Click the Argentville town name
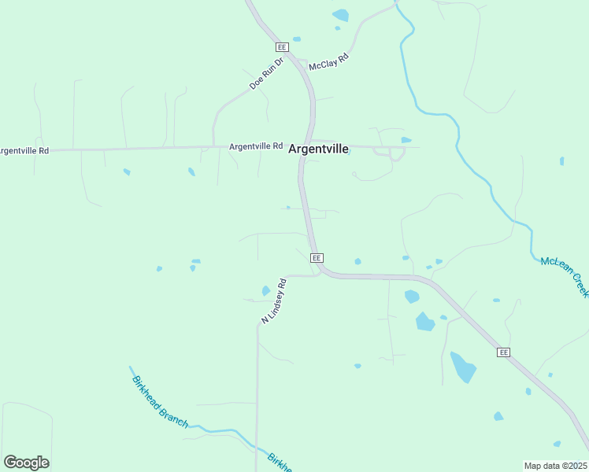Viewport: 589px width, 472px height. [318, 149]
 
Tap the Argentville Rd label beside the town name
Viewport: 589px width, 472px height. [256, 146]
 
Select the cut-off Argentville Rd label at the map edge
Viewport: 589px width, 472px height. [24, 150]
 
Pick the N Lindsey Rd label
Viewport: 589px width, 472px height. [273, 301]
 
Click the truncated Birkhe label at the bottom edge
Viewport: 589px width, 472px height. [280, 462]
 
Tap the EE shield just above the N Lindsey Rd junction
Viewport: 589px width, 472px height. [317, 258]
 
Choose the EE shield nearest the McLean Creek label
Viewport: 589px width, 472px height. [504, 352]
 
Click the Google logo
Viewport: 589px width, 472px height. [26, 463]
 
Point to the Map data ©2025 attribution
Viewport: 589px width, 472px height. [555, 466]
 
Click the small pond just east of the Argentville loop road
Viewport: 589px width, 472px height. [406, 140]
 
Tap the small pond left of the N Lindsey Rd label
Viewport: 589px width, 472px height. [265, 291]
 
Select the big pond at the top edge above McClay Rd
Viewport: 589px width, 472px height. [340, 14]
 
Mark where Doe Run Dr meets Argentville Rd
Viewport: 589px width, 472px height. [213, 146]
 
